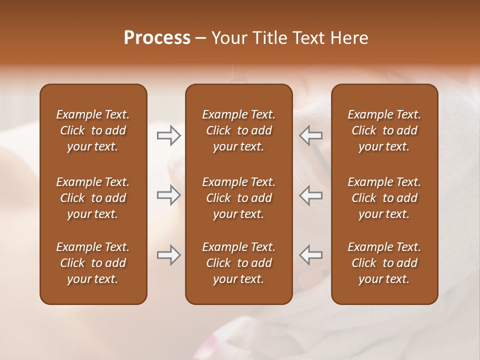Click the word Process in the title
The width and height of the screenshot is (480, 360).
pyautogui.click(x=157, y=38)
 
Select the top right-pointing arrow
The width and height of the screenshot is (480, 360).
pyautogui.click(x=169, y=135)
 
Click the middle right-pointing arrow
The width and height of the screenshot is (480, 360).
pyautogui.click(x=169, y=195)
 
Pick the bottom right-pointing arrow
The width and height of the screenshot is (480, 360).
pyautogui.click(x=169, y=255)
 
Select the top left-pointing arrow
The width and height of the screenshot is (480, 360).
pyautogui.click(x=311, y=135)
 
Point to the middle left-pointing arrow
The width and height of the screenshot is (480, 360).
pyautogui.click(x=311, y=195)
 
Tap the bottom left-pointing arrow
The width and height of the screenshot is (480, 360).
pyautogui.click(x=311, y=255)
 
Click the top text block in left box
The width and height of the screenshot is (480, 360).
pyautogui.click(x=93, y=130)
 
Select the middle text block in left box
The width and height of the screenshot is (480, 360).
pyautogui.click(x=93, y=198)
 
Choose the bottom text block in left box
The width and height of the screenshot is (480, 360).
pyautogui.click(x=93, y=263)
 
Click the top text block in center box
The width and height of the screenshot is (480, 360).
pyautogui.click(x=239, y=130)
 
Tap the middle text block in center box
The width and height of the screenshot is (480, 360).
pyautogui.click(x=239, y=198)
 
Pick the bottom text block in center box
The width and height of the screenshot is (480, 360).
pyautogui.click(x=239, y=263)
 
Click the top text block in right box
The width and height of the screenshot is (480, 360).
pyautogui.click(x=384, y=130)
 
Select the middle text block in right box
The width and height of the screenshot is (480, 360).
pyautogui.click(x=384, y=198)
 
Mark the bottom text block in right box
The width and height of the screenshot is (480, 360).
pyautogui.click(x=384, y=263)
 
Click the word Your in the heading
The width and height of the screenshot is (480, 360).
pyautogui.click(x=229, y=38)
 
